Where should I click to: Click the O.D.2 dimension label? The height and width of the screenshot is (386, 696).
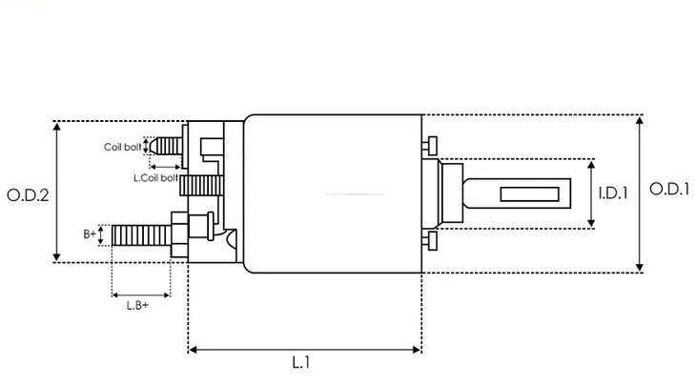28,195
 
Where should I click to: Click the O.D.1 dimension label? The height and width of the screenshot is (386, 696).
669,189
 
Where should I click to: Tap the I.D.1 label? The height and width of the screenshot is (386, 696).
613,193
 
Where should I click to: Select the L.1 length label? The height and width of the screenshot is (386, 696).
301,362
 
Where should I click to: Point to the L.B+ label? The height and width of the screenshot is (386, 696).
137,305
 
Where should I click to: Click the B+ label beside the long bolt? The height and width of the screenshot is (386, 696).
90,234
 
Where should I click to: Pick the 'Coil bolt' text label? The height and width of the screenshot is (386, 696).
122,147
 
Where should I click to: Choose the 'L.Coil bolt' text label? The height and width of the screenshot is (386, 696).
155,178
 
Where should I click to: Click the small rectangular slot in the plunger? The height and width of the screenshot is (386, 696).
529,193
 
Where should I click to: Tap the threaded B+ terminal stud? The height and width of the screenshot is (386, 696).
141,235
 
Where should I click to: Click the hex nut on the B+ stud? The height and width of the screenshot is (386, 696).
179,234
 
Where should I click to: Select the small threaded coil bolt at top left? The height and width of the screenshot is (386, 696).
166,146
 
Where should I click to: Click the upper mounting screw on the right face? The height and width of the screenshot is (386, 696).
430,146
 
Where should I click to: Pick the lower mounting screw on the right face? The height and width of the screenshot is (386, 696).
430,241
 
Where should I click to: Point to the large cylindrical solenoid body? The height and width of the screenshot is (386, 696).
333,193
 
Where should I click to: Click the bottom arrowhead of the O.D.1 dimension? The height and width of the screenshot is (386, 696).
639,268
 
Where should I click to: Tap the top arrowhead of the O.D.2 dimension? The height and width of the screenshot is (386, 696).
56,127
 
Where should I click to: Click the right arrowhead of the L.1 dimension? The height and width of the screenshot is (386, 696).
417,350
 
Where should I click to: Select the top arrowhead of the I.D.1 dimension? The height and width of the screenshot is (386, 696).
591,165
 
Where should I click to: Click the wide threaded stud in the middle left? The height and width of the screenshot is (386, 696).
201,186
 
